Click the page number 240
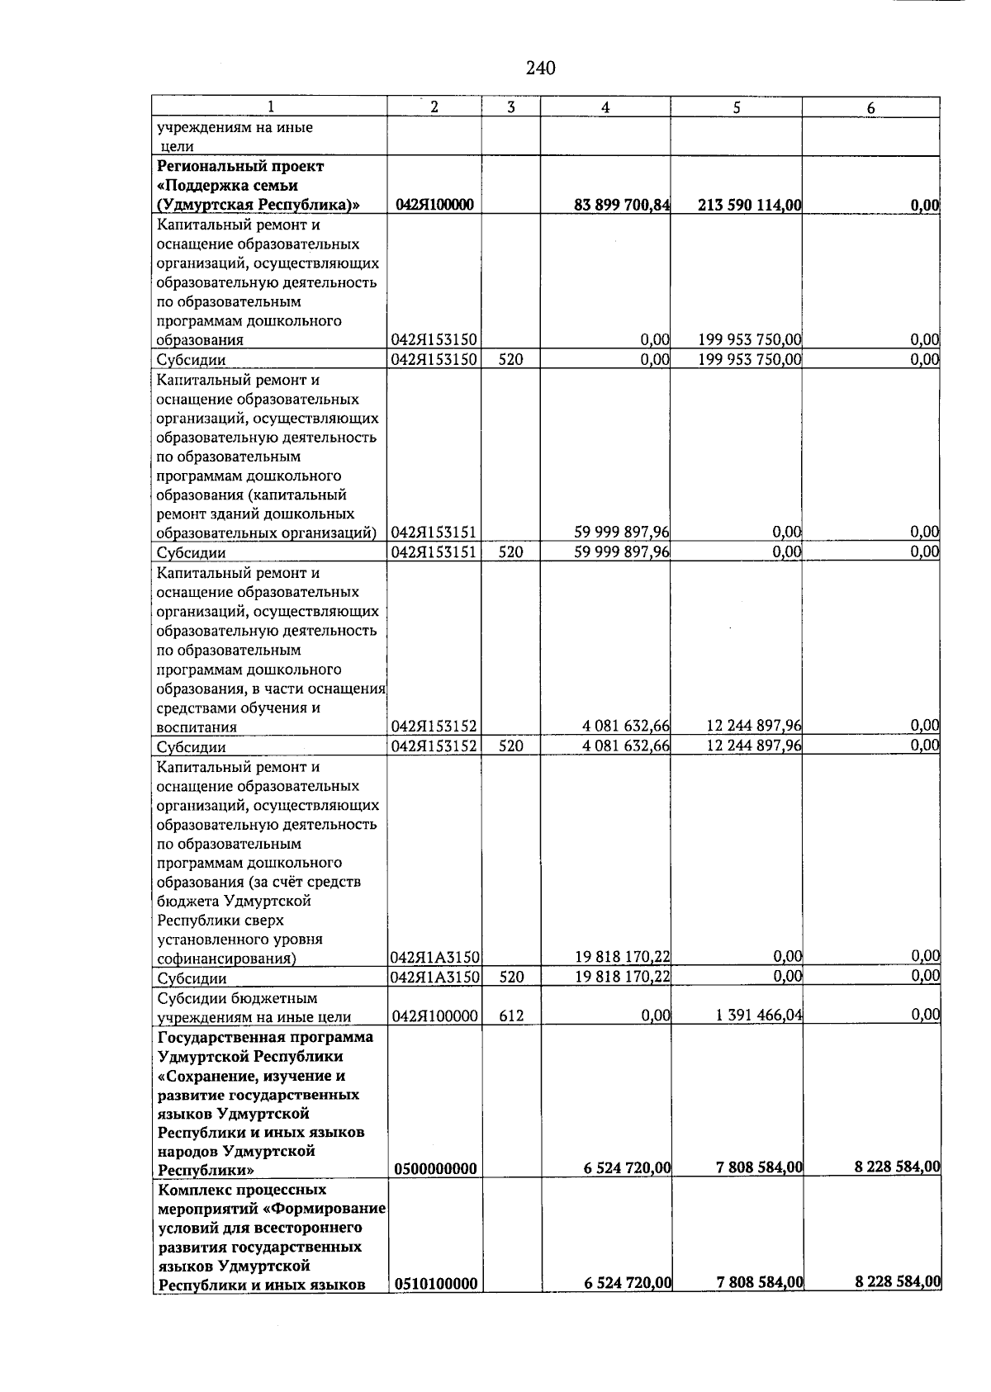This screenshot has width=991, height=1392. coord(540,69)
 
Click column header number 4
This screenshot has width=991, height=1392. coord(605,107)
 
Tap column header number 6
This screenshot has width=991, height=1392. coord(870,108)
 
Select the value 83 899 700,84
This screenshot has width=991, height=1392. coord(622,205)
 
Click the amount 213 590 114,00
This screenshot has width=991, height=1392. coord(749,205)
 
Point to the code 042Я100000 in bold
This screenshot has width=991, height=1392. coord(434,205)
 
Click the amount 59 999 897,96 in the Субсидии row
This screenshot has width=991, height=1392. coord(622,552)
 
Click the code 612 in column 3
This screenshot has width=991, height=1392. coord(511,1016)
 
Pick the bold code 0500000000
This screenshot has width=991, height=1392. coord(435,1168)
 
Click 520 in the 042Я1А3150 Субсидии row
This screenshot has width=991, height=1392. coord(511,978)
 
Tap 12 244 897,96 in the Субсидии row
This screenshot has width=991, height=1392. coord(753,746)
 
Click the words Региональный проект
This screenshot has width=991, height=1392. coord(240,166)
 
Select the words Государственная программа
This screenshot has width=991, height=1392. coord(265,1037)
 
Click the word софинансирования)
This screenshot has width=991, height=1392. coord(226,959)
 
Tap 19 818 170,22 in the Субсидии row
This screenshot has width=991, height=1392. coord(622,977)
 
